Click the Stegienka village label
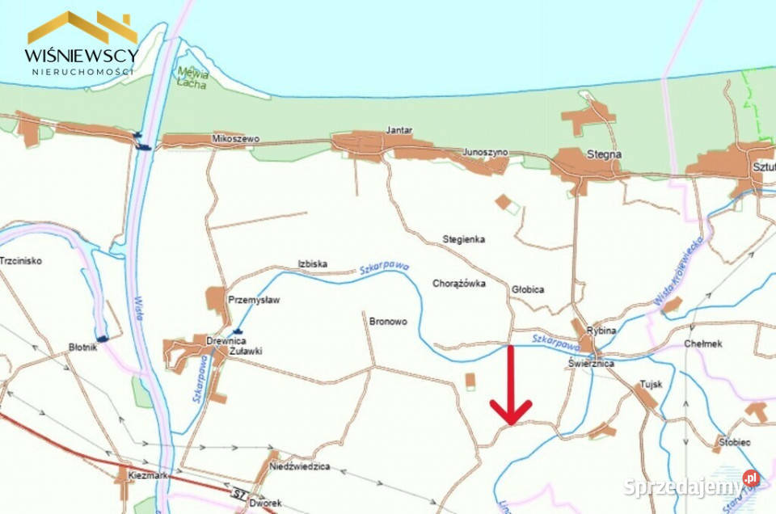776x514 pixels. pyautogui.click(x=463, y=239)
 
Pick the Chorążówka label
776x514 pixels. pyautogui.click(x=458, y=284)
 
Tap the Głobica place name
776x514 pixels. pyautogui.click(x=528, y=289)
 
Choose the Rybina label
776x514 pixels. pyautogui.click(x=602, y=331)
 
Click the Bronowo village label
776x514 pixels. pyautogui.click(x=388, y=321)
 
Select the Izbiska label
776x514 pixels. pyautogui.click(x=311, y=263)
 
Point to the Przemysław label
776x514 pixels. pyautogui.click(x=254, y=299)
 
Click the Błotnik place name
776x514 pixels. pyautogui.click(x=83, y=348)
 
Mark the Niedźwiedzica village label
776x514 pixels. pyautogui.click(x=300, y=466)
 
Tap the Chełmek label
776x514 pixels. pyautogui.click(x=702, y=343)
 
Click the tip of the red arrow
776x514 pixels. pyautogui.click(x=511, y=423)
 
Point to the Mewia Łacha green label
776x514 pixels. pyautogui.click(x=193, y=78)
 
